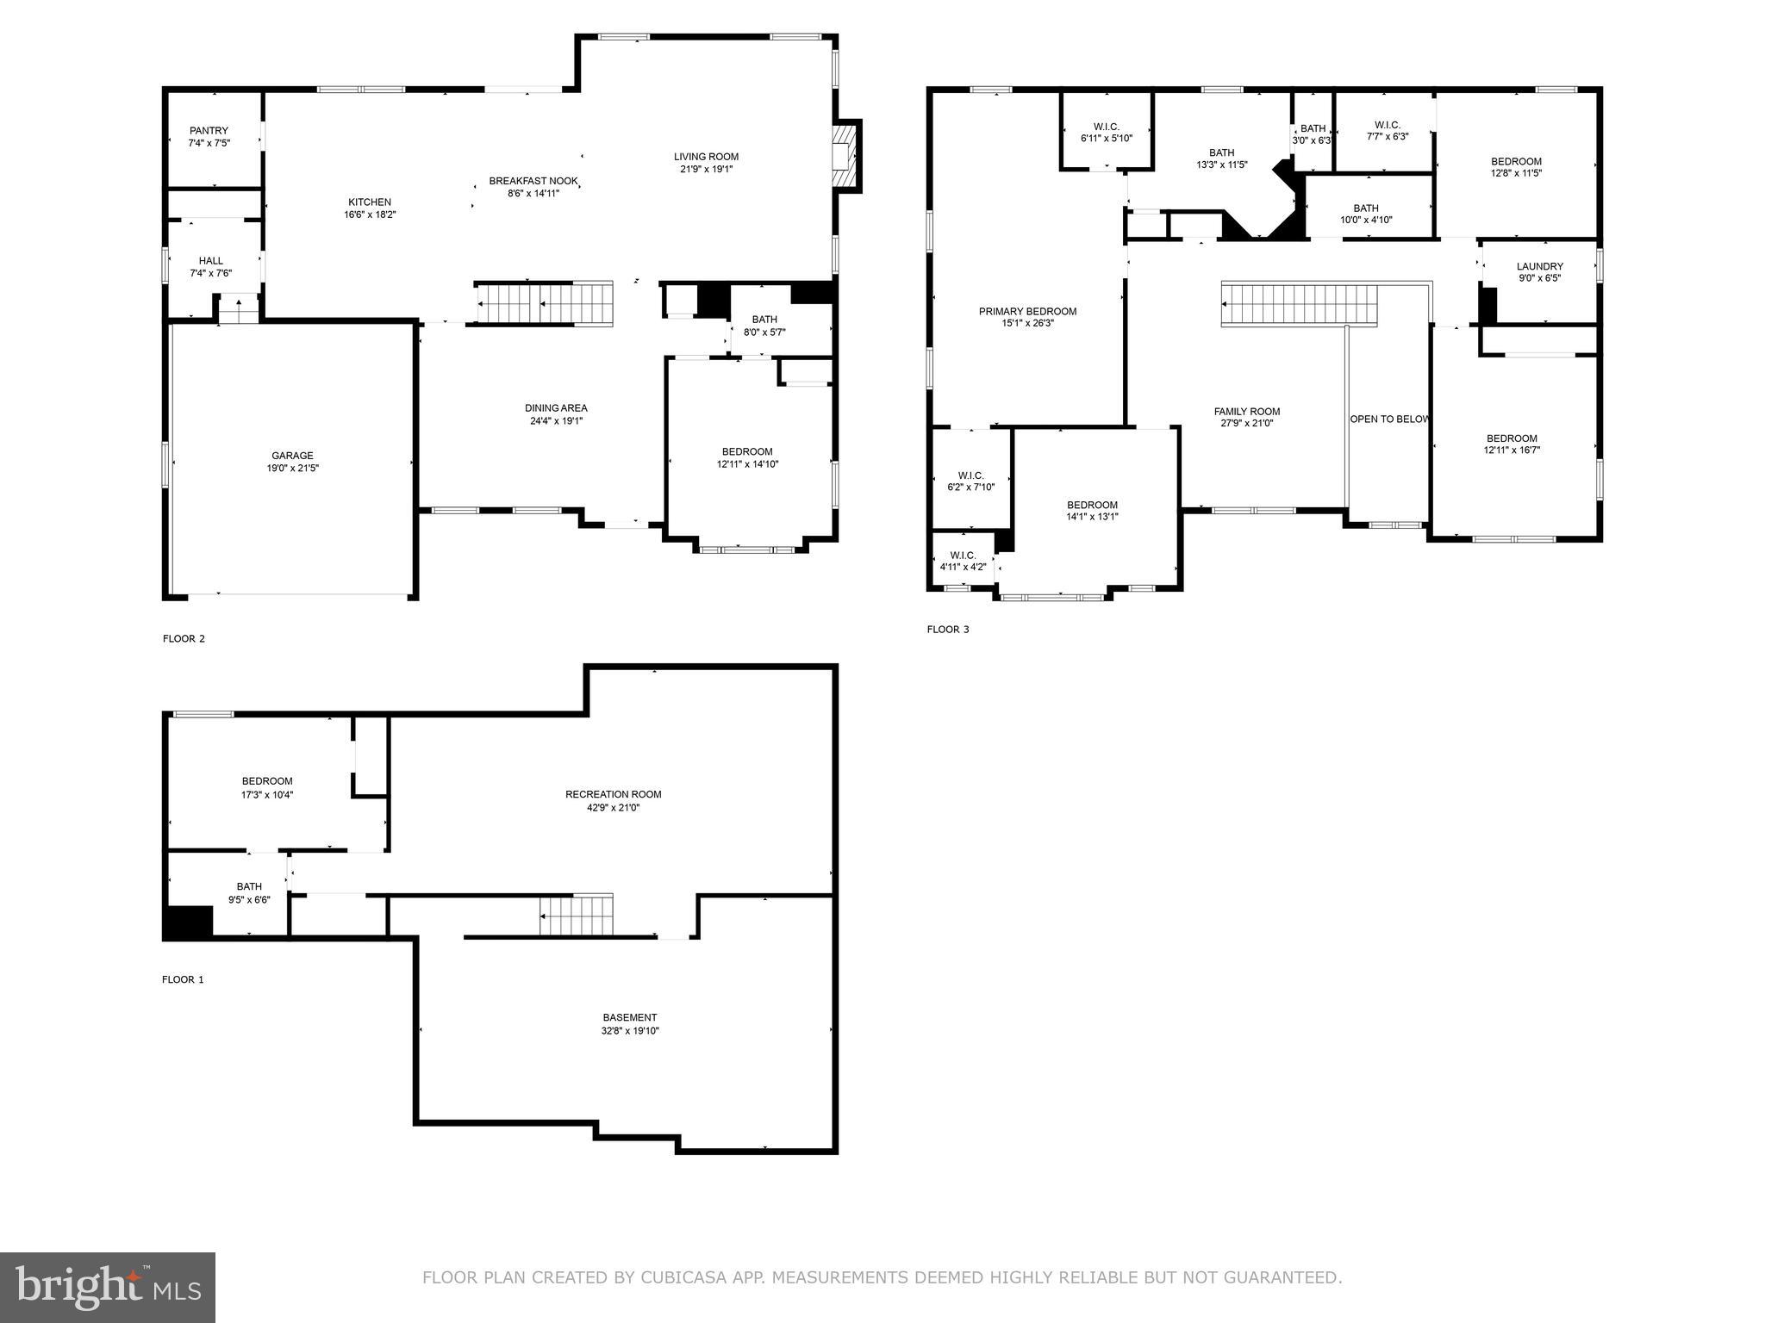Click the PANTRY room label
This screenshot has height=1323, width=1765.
coord(209,131)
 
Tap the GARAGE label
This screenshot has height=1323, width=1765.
coord(292,456)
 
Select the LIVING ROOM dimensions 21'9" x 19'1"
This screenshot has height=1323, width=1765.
coord(706,170)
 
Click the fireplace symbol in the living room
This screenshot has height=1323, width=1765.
coord(845,155)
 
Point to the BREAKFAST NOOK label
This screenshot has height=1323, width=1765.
coord(533,181)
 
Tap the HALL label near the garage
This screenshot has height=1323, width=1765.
coord(210,261)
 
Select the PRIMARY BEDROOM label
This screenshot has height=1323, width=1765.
coord(1027,312)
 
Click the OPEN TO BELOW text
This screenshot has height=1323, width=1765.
coord(1388,419)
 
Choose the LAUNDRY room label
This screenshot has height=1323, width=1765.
coord(1539,267)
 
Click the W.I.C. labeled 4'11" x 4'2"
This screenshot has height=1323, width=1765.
coord(963,562)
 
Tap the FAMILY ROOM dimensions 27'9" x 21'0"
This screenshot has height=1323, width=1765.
coord(1247,424)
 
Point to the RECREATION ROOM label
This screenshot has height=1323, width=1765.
coord(613,794)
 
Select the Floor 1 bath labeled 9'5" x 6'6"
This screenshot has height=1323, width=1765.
coord(249,892)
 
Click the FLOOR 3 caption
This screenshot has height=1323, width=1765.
coord(947,630)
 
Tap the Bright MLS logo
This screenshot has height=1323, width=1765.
coord(108,1287)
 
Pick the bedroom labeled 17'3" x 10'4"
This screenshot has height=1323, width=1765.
coord(267,788)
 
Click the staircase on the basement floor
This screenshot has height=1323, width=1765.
coord(576,916)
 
